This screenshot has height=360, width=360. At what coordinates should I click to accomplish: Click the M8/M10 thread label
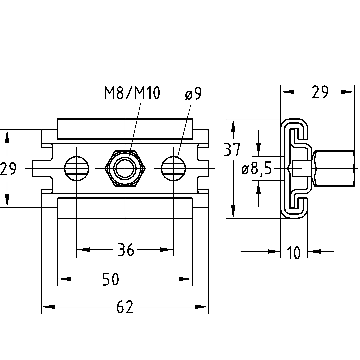[x=132, y=92]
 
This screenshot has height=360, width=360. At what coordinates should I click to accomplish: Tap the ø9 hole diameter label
[x=193, y=93]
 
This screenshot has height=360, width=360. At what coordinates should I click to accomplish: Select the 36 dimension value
[x=125, y=250]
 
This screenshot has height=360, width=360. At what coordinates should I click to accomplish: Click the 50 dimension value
[x=111, y=279]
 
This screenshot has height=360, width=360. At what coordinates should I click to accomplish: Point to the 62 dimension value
[x=125, y=307]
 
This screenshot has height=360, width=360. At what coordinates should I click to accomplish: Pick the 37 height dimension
[x=232, y=150]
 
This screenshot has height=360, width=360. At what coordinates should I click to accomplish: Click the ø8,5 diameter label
[x=257, y=169]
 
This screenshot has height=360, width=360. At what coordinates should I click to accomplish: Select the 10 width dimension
[x=293, y=253]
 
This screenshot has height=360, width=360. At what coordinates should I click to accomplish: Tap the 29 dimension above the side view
[x=320, y=92]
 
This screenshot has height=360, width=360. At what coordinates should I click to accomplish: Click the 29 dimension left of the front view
[x=8, y=169]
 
